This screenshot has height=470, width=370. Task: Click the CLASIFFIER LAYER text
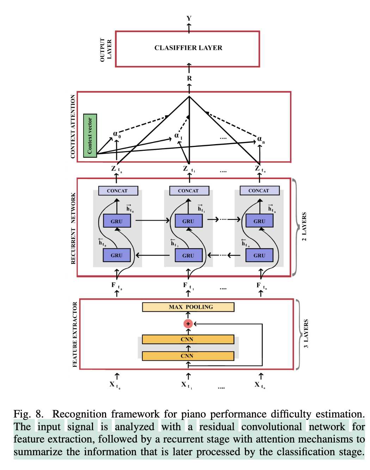188,48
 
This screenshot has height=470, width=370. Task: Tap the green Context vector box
90,136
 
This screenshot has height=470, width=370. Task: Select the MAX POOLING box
188,307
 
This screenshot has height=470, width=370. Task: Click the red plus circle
188,324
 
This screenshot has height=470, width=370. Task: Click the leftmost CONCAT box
118,191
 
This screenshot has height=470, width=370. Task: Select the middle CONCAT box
189,191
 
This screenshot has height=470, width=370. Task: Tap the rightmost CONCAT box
259,191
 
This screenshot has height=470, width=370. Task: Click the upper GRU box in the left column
117,221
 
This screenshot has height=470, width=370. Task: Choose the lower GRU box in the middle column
189,255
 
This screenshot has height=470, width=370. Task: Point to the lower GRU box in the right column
259,255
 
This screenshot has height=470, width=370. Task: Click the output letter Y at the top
189,18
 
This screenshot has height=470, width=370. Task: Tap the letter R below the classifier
190,79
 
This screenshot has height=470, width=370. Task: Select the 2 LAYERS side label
304,227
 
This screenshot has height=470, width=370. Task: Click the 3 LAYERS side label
306,334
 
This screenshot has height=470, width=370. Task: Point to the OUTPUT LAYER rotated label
106,50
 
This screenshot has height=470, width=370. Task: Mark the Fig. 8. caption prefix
29,414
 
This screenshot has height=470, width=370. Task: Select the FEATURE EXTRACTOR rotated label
75,334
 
